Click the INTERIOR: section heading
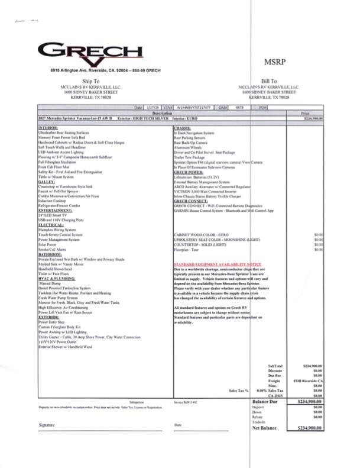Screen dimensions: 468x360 pos(48,128)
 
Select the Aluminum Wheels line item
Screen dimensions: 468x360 pos(188,147)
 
